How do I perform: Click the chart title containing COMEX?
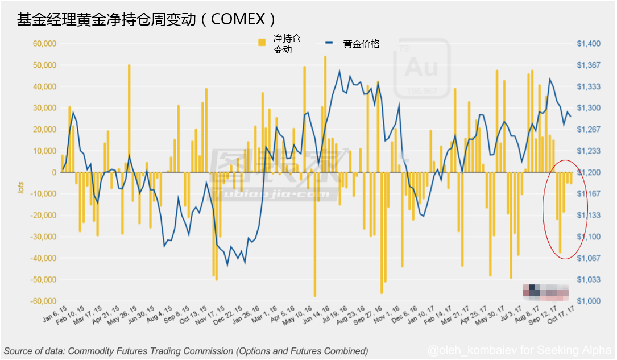pyautogui.click(x=147, y=19)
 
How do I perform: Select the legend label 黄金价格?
pyautogui.click(x=361, y=44)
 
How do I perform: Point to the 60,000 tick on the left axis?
pyautogui.click(x=44, y=44)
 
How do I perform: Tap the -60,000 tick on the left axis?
pyautogui.click(x=43, y=301)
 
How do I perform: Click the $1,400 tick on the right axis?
pyautogui.click(x=588, y=44)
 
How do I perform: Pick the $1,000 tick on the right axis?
pyautogui.click(x=588, y=301)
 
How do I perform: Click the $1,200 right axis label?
pyautogui.click(x=588, y=172)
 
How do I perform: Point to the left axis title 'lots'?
pyautogui.click(x=21, y=188)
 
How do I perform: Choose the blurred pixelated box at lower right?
pyautogui.click(x=545, y=291)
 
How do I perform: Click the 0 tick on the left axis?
pyautogui.click(x=53, y=172)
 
